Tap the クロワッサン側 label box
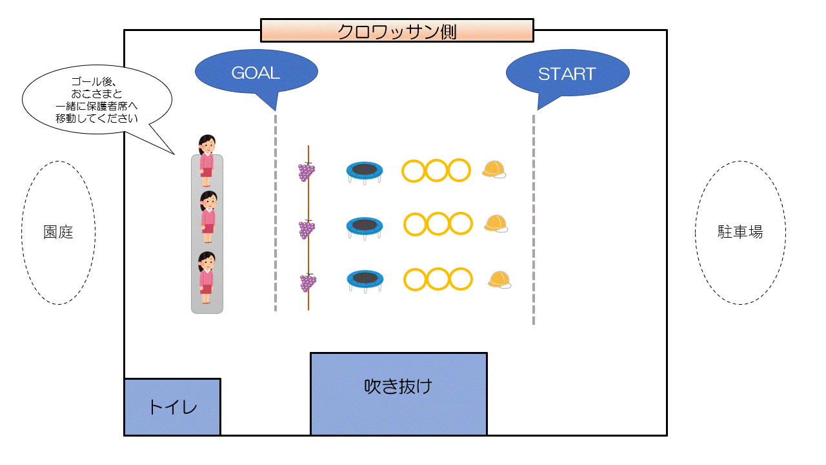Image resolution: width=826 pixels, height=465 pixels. [x=397, y=30]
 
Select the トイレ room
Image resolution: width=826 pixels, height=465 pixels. [x=172, y=407]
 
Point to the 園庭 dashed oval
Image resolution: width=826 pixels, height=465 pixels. [x=58, y=232]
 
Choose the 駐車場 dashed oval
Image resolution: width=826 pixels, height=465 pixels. [x=740, y=232]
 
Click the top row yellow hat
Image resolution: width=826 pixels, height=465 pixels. [x=494, y=170]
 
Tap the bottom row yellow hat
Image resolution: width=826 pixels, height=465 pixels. [x=499, y=280]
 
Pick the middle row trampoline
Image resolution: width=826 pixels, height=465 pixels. [x=365, y=226]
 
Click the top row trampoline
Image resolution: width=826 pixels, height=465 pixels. [x=365, y=170]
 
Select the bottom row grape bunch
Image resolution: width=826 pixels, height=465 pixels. [x=307, y=283]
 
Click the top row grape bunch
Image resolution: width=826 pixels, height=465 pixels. [x=307, y=171]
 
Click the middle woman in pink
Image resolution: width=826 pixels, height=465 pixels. [x=207, y=217]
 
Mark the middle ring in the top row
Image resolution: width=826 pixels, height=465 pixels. [x=436, y=170]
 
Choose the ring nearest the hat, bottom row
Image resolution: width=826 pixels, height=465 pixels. [x=461, y=279]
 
